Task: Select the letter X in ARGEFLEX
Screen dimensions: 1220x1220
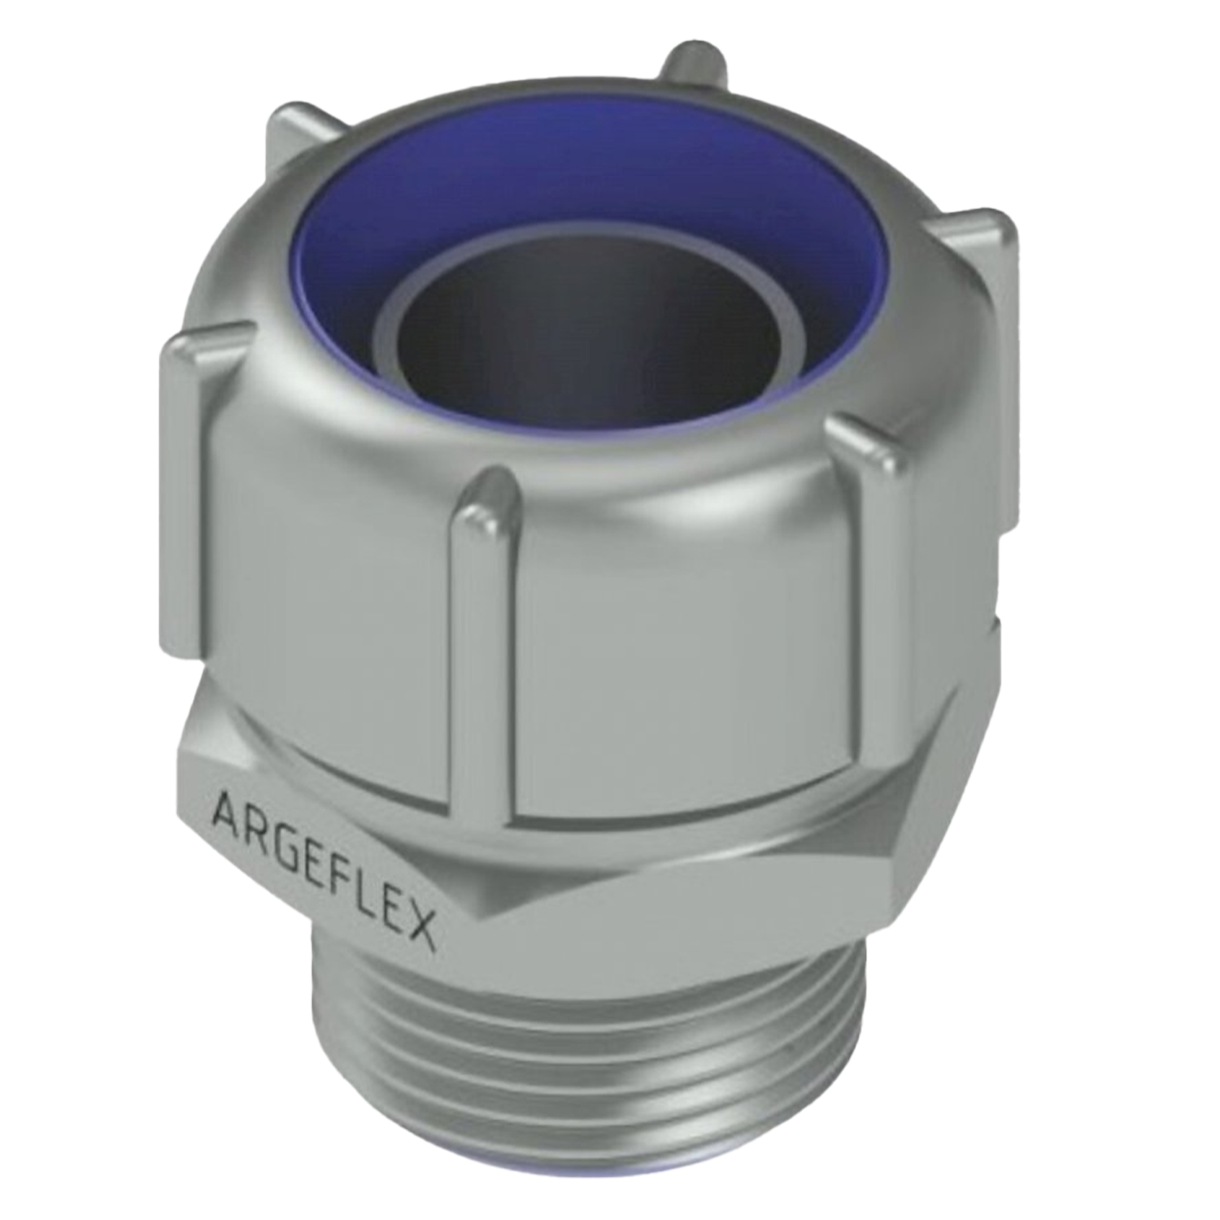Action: (420, 929)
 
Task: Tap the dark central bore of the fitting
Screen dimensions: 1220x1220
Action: (586, 342)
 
